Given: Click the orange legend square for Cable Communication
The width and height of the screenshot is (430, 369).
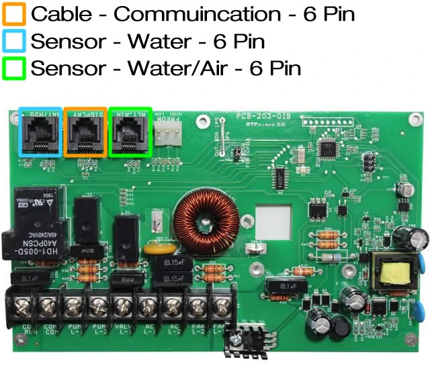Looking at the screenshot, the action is [x=15, y=13].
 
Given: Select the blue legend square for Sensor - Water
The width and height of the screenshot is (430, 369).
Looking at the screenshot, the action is [x=15, y=41].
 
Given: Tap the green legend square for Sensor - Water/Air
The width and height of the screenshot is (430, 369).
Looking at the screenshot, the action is [x=15, y=68].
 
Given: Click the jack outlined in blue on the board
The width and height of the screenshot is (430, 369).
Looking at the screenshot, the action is [x=40, y=132].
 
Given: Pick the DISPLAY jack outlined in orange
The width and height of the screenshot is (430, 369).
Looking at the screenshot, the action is [x=85, y=132].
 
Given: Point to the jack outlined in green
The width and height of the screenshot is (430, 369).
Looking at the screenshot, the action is [x=130, y=132].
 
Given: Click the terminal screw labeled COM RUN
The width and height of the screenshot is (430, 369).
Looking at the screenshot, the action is [x=22, y=308].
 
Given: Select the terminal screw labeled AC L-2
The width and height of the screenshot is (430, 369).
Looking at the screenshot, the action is [x=172, y=308].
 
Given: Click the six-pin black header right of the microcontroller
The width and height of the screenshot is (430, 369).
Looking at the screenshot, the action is [x=369, y=161].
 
